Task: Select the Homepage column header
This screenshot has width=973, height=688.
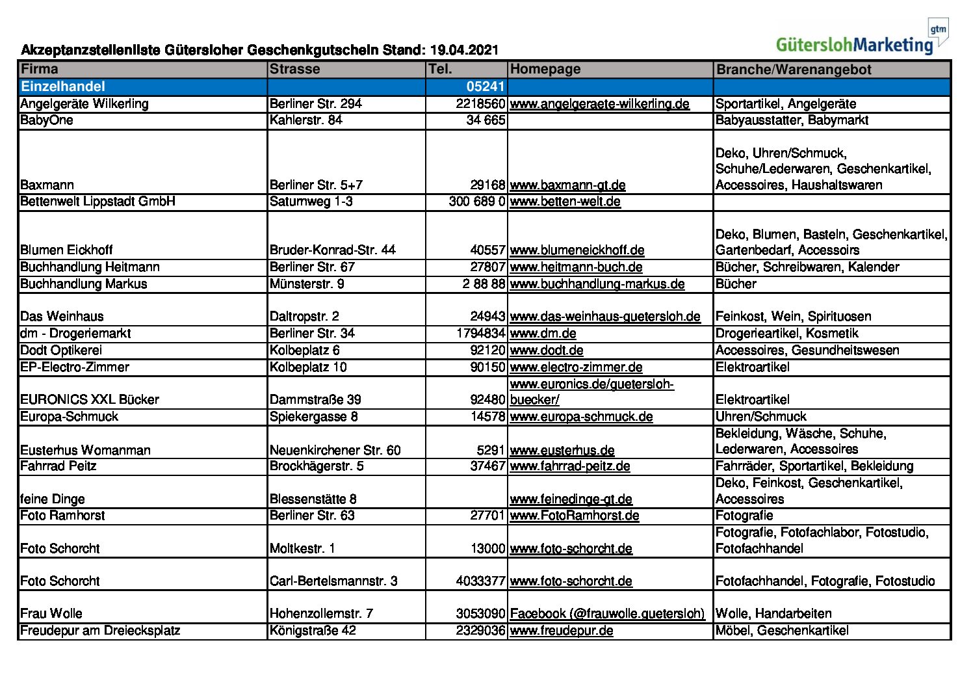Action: pyautogui.click(x=545, y=69)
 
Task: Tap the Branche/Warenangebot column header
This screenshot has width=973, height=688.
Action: pyautogui.click(x=793, y=70)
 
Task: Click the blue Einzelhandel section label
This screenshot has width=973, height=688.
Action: pyautogui.click(x=62, y=86)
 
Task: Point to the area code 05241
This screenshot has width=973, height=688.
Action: pyautogui.click(x=485, y=86)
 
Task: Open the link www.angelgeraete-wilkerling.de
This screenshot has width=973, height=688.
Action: pyautogui.click(x=599, y=104)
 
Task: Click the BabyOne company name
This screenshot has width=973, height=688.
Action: pyautogui.click(x=47, y=120)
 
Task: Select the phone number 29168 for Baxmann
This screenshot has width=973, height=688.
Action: pyautogui.click(x=487, y=185)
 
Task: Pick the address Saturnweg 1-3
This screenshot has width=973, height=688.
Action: pyautogui.click(x=311, y=202)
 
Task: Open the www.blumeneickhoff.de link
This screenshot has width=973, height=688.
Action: pyautogui.click(x=577, y=250)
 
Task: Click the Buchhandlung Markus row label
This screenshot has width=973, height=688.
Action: pyautogui.click(x=84, y=284)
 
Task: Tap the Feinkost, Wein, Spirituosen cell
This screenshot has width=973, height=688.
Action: pyautogui.click(x=793, y=317)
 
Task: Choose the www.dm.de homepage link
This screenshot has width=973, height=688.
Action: pyautogui.click(x=543, y=334)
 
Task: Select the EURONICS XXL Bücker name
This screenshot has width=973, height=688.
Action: pyautogui.click(x=90, y=400)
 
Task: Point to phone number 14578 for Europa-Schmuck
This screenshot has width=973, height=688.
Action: pyautogui.click(x=487, y=417)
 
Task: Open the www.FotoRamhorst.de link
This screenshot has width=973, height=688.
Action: pyautogui.click(x=575, y=516)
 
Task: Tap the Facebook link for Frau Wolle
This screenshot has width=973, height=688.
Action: pyautogui.click(x=607, y=614)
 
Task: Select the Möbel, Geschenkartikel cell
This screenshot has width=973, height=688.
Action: pyautogui.click(x=782, y=631)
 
